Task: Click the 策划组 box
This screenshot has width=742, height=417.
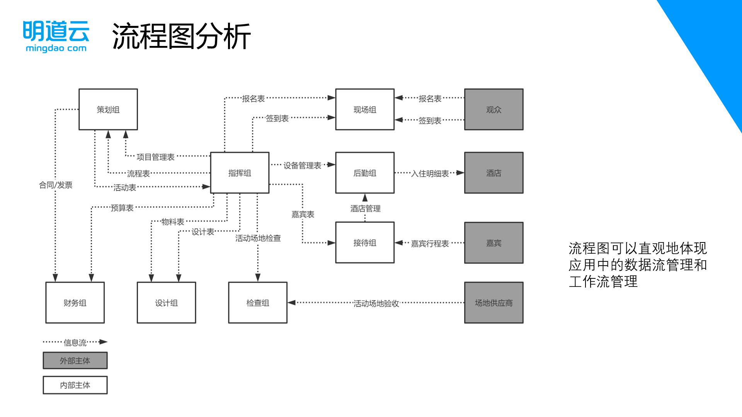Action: pos(108,110)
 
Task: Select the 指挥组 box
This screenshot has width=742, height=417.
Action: pos(240,173)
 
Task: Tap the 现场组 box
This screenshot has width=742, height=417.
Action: pos(365,110)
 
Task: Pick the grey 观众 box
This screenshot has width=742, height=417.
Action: pos(494,110)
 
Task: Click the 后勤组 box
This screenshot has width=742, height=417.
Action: pos(365,173)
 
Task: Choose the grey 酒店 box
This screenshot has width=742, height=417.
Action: pos(494,173)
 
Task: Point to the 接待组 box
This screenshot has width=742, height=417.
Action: pos(365,243)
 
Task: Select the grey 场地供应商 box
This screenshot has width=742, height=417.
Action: pos(494,303)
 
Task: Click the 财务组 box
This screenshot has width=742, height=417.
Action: pos(75,303)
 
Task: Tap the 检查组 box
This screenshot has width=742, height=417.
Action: pos(258,303)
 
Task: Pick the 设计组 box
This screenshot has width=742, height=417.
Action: pos(167,303)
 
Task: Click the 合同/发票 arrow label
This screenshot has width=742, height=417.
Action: pos(56,185)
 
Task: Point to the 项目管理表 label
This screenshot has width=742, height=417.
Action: pos(155,157)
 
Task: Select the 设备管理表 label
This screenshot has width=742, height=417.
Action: pos(302,166)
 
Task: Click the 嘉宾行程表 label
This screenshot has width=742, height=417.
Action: pos(430,244)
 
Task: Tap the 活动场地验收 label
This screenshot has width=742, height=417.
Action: pos(376,304)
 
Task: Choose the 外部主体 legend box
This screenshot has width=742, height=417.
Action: pos(75,361)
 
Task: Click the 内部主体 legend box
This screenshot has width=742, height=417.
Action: pos(75,385)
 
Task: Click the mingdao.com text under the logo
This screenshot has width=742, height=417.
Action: pos(56,49)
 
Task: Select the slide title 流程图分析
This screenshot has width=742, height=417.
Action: pos(181,36)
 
